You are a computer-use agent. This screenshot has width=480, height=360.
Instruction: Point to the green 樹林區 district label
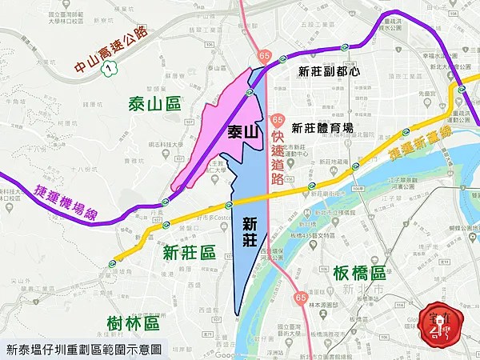132,322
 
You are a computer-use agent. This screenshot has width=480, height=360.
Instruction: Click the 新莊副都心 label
329,71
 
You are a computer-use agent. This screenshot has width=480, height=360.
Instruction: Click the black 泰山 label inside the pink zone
242,132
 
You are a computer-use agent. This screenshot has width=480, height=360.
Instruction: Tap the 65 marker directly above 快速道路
277,120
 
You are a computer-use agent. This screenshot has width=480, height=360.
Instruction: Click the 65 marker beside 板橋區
300,298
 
